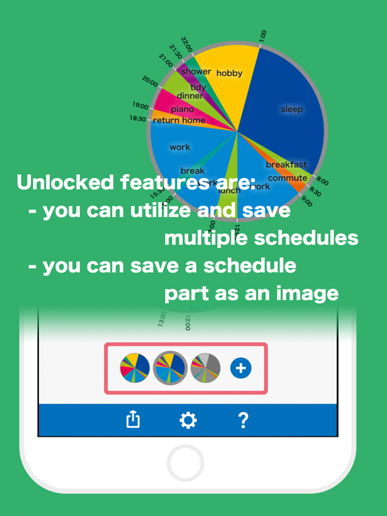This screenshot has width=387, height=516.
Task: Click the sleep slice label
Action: (x=292, y=109)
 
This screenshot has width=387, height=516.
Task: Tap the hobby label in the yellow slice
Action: (x=229, y=73)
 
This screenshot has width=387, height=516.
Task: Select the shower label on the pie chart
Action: (x=196, y=71)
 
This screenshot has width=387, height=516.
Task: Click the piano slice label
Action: (x=182, y=109)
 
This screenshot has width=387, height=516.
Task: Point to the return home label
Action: (x=179, y=120)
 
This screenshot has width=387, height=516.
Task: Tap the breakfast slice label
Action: (x=286, y=165)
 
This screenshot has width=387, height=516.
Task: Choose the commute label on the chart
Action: (x=288, y=178)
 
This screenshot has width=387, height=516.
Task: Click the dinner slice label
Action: (x=190, y=96)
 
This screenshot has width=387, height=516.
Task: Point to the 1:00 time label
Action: (x=263, y=36)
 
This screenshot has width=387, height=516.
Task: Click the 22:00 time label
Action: (x=187, y=44)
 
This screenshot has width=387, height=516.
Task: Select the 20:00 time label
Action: (x=150, y=82)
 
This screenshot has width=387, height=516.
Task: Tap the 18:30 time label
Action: (x=138, y=118)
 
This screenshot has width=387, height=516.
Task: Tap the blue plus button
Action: (x=241, y=368)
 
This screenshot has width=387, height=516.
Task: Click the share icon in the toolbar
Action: (x=133, y=420)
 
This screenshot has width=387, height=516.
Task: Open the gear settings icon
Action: (x=188, y=420)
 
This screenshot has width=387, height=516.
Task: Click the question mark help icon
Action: (x=243, y=420)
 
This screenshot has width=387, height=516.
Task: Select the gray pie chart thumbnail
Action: (x=206, y=368)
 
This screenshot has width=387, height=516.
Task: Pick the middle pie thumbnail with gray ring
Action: (x=170, y=368)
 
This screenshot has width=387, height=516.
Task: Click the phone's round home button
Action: (x=185, y=463)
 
